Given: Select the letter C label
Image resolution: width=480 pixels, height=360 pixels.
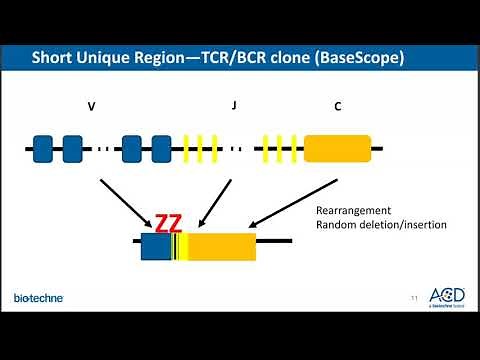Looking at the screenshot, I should coord(337,104).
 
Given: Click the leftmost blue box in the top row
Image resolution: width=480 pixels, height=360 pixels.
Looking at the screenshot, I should coord(43,150).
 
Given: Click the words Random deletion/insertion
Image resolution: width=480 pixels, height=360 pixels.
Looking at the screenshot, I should coord(381,225).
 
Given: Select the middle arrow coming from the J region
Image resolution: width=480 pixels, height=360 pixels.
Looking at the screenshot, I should coord(215,204).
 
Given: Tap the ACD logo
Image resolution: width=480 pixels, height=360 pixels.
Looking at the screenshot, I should coord(446,296).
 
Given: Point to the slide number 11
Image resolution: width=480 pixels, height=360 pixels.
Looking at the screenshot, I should coord(414,297).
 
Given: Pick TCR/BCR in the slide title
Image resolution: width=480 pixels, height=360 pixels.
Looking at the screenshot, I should coord(242,57).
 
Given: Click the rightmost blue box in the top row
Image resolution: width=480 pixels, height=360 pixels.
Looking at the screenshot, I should coord(162,150).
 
